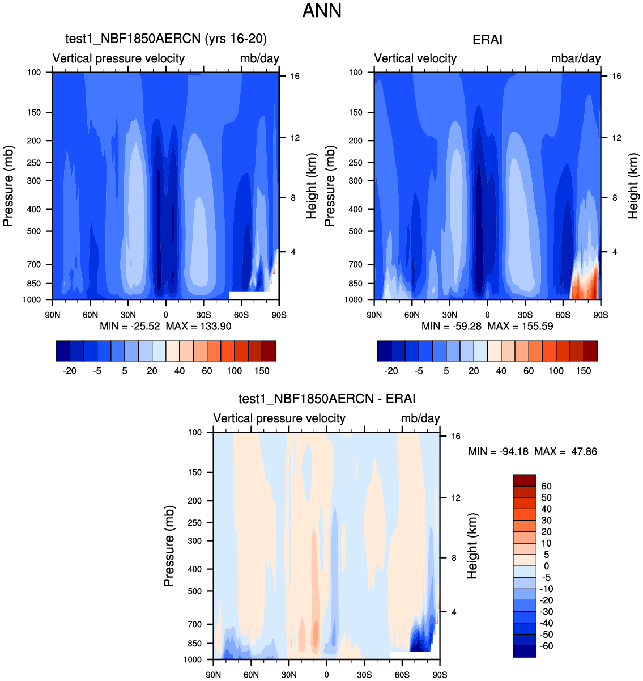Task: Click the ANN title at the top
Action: [x=322, y=11]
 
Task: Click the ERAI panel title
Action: [x=487, y=40]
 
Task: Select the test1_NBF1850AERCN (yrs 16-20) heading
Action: [x=166, y=39]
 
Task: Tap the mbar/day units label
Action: [x=576, y=58]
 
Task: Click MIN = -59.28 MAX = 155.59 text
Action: [x=487, y=326]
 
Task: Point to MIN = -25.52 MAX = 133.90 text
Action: [x=165, y=326]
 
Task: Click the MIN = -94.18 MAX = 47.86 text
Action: [x=533, y=452]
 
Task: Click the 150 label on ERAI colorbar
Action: [x=584, y=371]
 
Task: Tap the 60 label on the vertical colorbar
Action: [x=546, y=487]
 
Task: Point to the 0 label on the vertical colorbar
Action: [x=546, y=566]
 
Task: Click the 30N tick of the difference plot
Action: [x=288, y=675]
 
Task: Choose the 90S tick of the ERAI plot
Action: [x=601, y=315]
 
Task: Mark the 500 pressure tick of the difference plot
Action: [x=194, y=591]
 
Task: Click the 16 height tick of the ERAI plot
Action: [x=616, y=76]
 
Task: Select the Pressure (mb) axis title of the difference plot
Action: [x=169, y=545]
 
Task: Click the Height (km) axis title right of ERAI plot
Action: [x=633, y=185]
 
